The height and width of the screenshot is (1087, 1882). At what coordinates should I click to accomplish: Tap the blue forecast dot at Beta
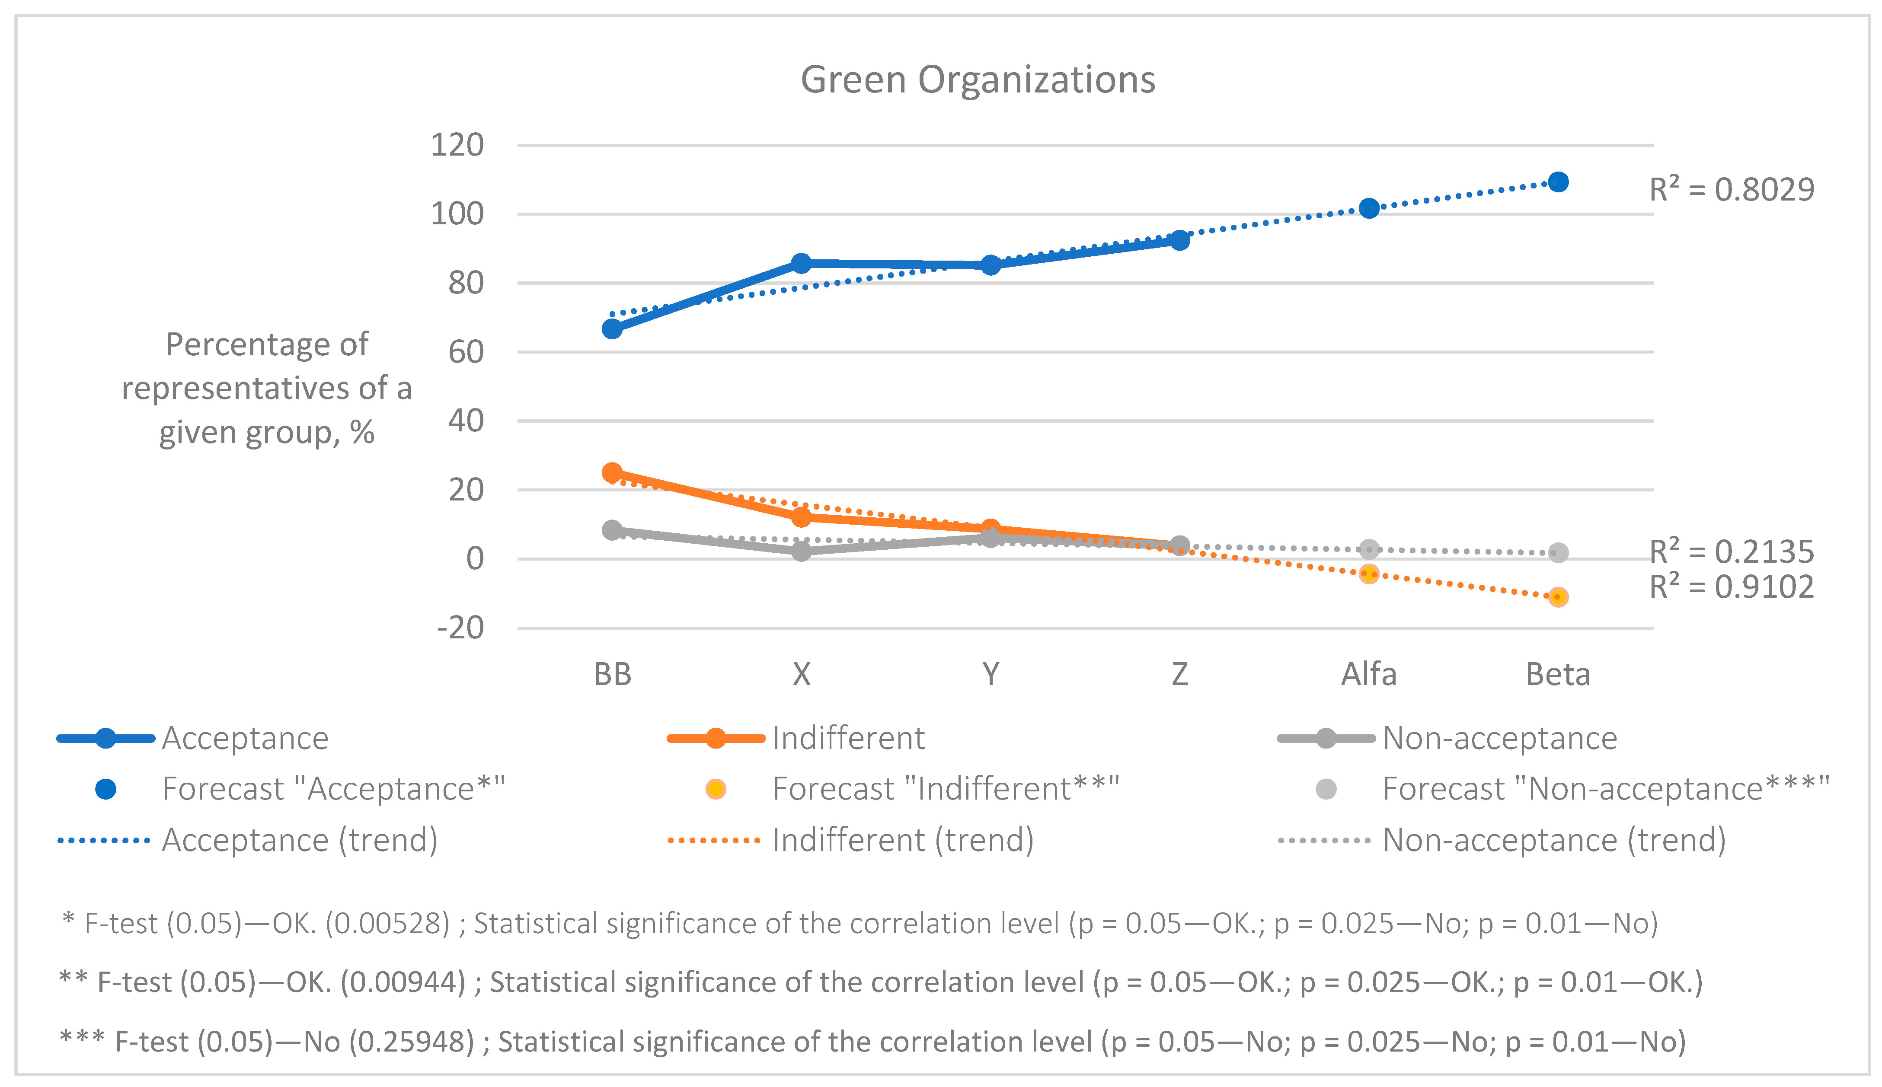click(1558, 182)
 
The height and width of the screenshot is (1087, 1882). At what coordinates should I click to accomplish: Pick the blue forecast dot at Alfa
click(1369, 208)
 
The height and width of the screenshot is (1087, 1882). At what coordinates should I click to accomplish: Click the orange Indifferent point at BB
click(612, 472)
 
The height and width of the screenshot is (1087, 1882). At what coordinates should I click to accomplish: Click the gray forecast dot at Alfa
click(1369, 549)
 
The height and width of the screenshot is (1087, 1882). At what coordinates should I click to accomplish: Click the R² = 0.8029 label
click(1731, 190)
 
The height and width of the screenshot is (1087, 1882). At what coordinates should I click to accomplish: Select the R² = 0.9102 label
click(1731, 587)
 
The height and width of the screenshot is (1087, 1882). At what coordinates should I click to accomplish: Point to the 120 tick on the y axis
click(457, 145)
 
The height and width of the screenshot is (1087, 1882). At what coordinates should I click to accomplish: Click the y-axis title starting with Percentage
click(267, 388)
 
